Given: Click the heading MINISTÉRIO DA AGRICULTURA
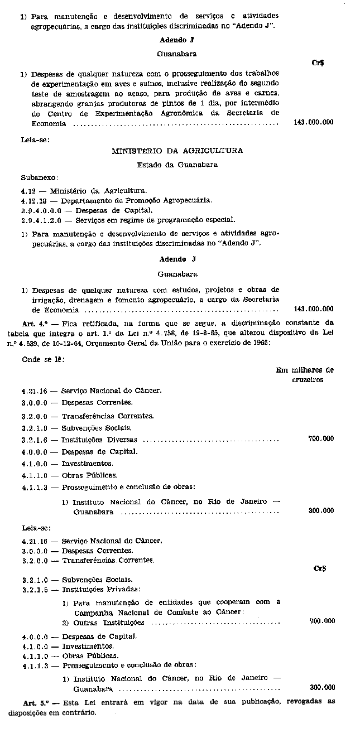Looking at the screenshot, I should tap(177, 151).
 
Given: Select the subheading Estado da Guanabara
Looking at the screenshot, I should tap(177, 165).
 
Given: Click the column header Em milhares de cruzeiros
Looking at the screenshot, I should tap(305, 374).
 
